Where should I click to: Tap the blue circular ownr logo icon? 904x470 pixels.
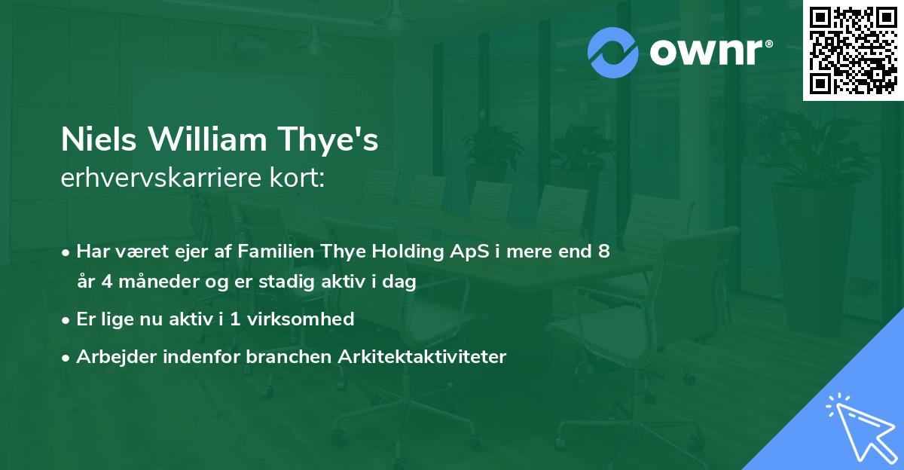coord(613,53)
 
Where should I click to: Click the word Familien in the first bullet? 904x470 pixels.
coord(274,252)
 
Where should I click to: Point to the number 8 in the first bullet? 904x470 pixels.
coord(603,252)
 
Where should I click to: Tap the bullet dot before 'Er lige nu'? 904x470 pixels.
coord(67,319)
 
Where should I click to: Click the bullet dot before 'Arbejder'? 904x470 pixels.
coord(67,357)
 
